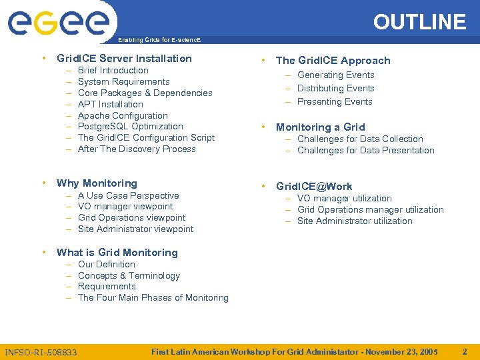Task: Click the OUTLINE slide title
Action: (419, 22)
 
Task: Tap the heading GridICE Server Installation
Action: (124, 59)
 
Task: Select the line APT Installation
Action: (110, 104)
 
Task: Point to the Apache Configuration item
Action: (123, 115)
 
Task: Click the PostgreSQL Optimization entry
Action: (130, 127)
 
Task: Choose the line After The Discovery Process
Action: (137, 149)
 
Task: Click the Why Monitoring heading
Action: (97, 183)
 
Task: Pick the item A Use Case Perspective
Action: (128, 195)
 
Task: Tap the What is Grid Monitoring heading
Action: (117, 253)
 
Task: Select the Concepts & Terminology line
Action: (129, 275)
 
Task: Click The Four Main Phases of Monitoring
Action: (153, 298)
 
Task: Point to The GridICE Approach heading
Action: (333, 61)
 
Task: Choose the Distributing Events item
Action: (335, 89)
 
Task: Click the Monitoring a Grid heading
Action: (320, 127)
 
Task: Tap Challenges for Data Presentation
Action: (365, 151)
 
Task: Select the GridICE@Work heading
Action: (314, 187)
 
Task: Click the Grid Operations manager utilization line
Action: (370, 210)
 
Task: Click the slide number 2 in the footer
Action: (465, 351)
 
